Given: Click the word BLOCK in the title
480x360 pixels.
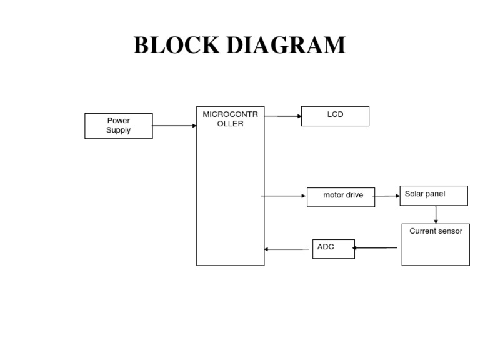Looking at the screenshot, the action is (x=177, y=45).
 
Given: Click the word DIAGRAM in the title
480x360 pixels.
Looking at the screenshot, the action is (x=286, y=45).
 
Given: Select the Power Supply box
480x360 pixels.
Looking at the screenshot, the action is (x=119, y=126).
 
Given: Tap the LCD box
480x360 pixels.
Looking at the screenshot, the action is (x=335, y=116).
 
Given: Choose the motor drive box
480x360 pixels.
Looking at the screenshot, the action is (x=341, y=197).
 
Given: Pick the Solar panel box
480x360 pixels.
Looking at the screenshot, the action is (x=434, y=196).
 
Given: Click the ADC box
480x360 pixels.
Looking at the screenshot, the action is (x=334, y=249).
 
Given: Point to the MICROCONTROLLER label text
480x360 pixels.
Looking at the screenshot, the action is (x=230, y=119).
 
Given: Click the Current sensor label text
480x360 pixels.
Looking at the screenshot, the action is (x=436, y=231).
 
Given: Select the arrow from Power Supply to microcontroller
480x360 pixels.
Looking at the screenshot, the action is (x=174, y=126).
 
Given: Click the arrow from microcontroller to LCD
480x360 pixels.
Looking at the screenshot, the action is (x=283, y=116).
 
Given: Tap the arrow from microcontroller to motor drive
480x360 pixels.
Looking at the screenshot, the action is (x=283, y=196).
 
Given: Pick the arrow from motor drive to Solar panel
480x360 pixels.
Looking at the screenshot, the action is (x=386, y=196).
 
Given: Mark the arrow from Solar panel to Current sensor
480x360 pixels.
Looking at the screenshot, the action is (x=436, y=214).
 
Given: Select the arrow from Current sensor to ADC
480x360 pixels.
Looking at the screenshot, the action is (x=375, y=248).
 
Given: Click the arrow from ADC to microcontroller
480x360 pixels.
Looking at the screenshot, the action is (x=286, y=249).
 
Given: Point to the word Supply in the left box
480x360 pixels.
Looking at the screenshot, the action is (x=119, y=130).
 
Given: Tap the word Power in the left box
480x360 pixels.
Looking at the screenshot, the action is (x=119, y=120).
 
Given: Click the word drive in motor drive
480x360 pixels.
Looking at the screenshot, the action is (x=353, y=195).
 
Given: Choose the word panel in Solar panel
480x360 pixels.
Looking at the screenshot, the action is (x=435, y=194).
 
